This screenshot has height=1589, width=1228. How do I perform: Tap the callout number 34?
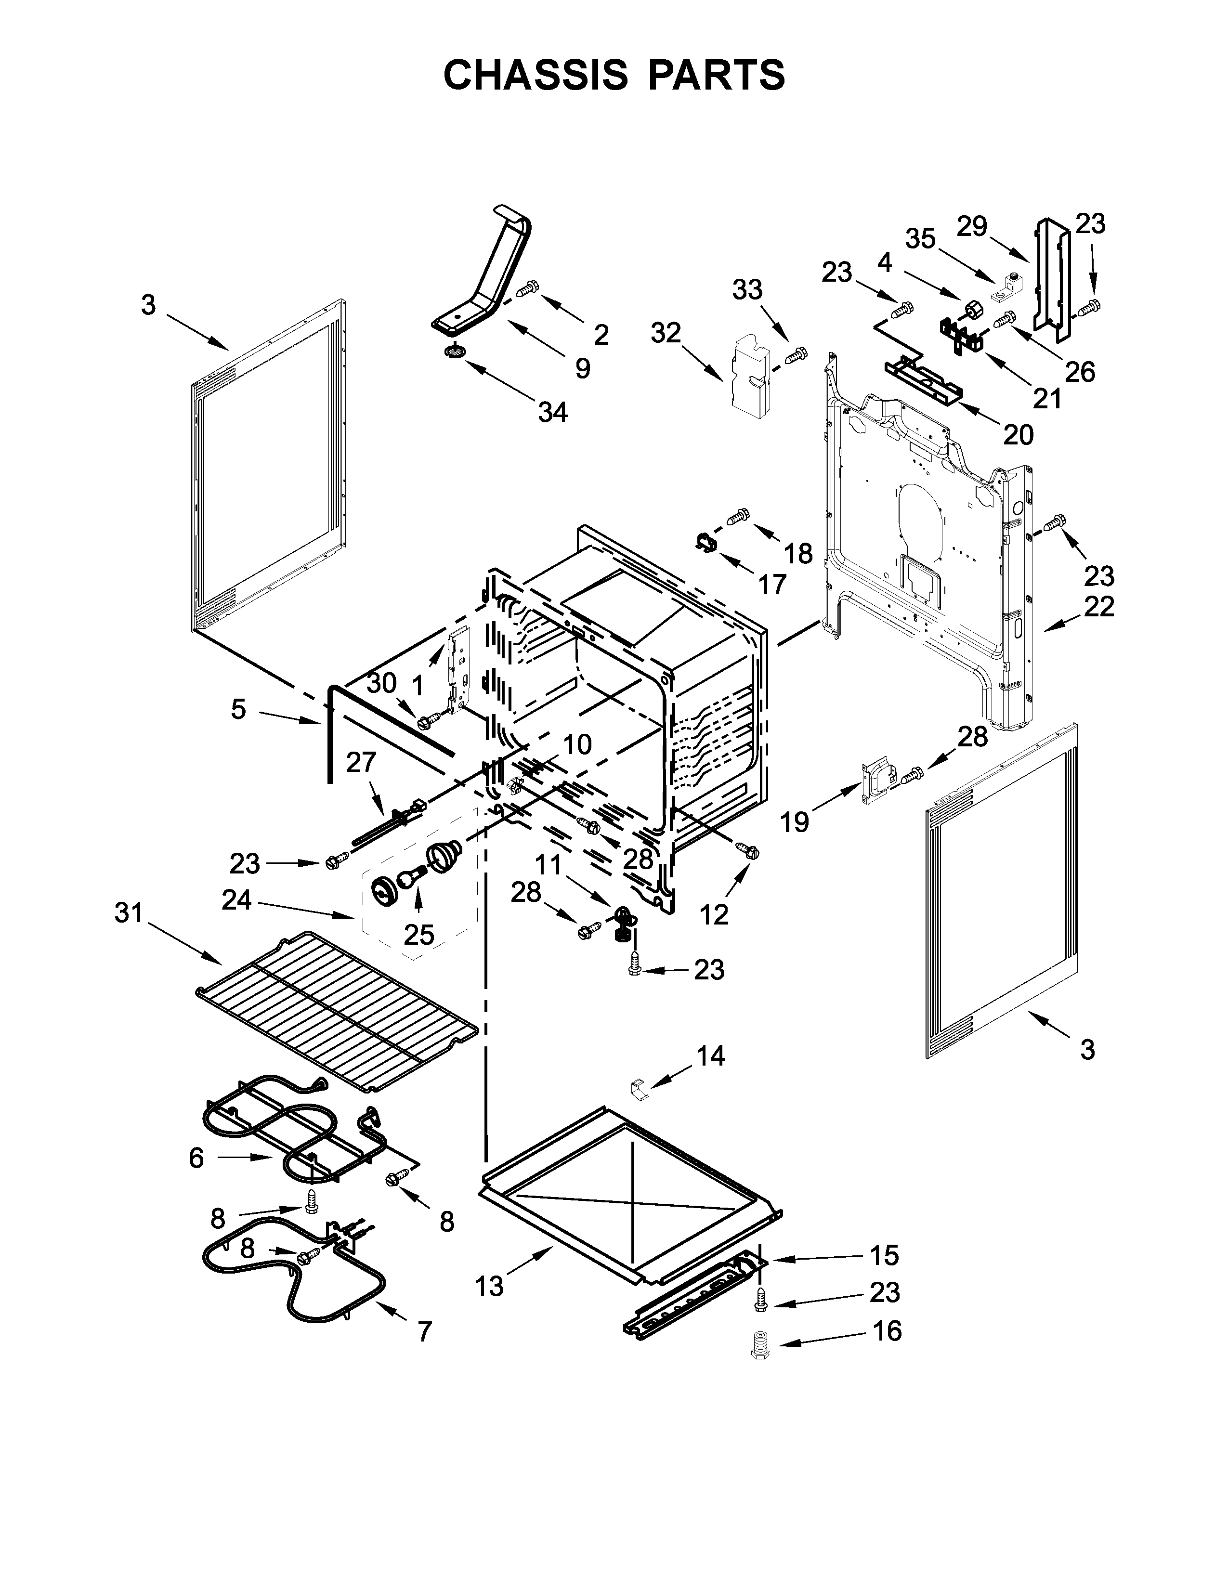pos(552,413)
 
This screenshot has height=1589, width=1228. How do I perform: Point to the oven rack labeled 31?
pos(335,1018)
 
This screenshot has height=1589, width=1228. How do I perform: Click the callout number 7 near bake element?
pos(425,1331)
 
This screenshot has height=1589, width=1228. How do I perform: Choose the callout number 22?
pos(1098,606)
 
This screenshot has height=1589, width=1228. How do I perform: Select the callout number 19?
pos(795,822)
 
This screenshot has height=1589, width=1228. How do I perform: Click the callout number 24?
pos(237,900)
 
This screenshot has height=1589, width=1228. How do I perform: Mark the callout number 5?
pos(238,709)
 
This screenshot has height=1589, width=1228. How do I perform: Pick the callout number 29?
pos(971,226)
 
